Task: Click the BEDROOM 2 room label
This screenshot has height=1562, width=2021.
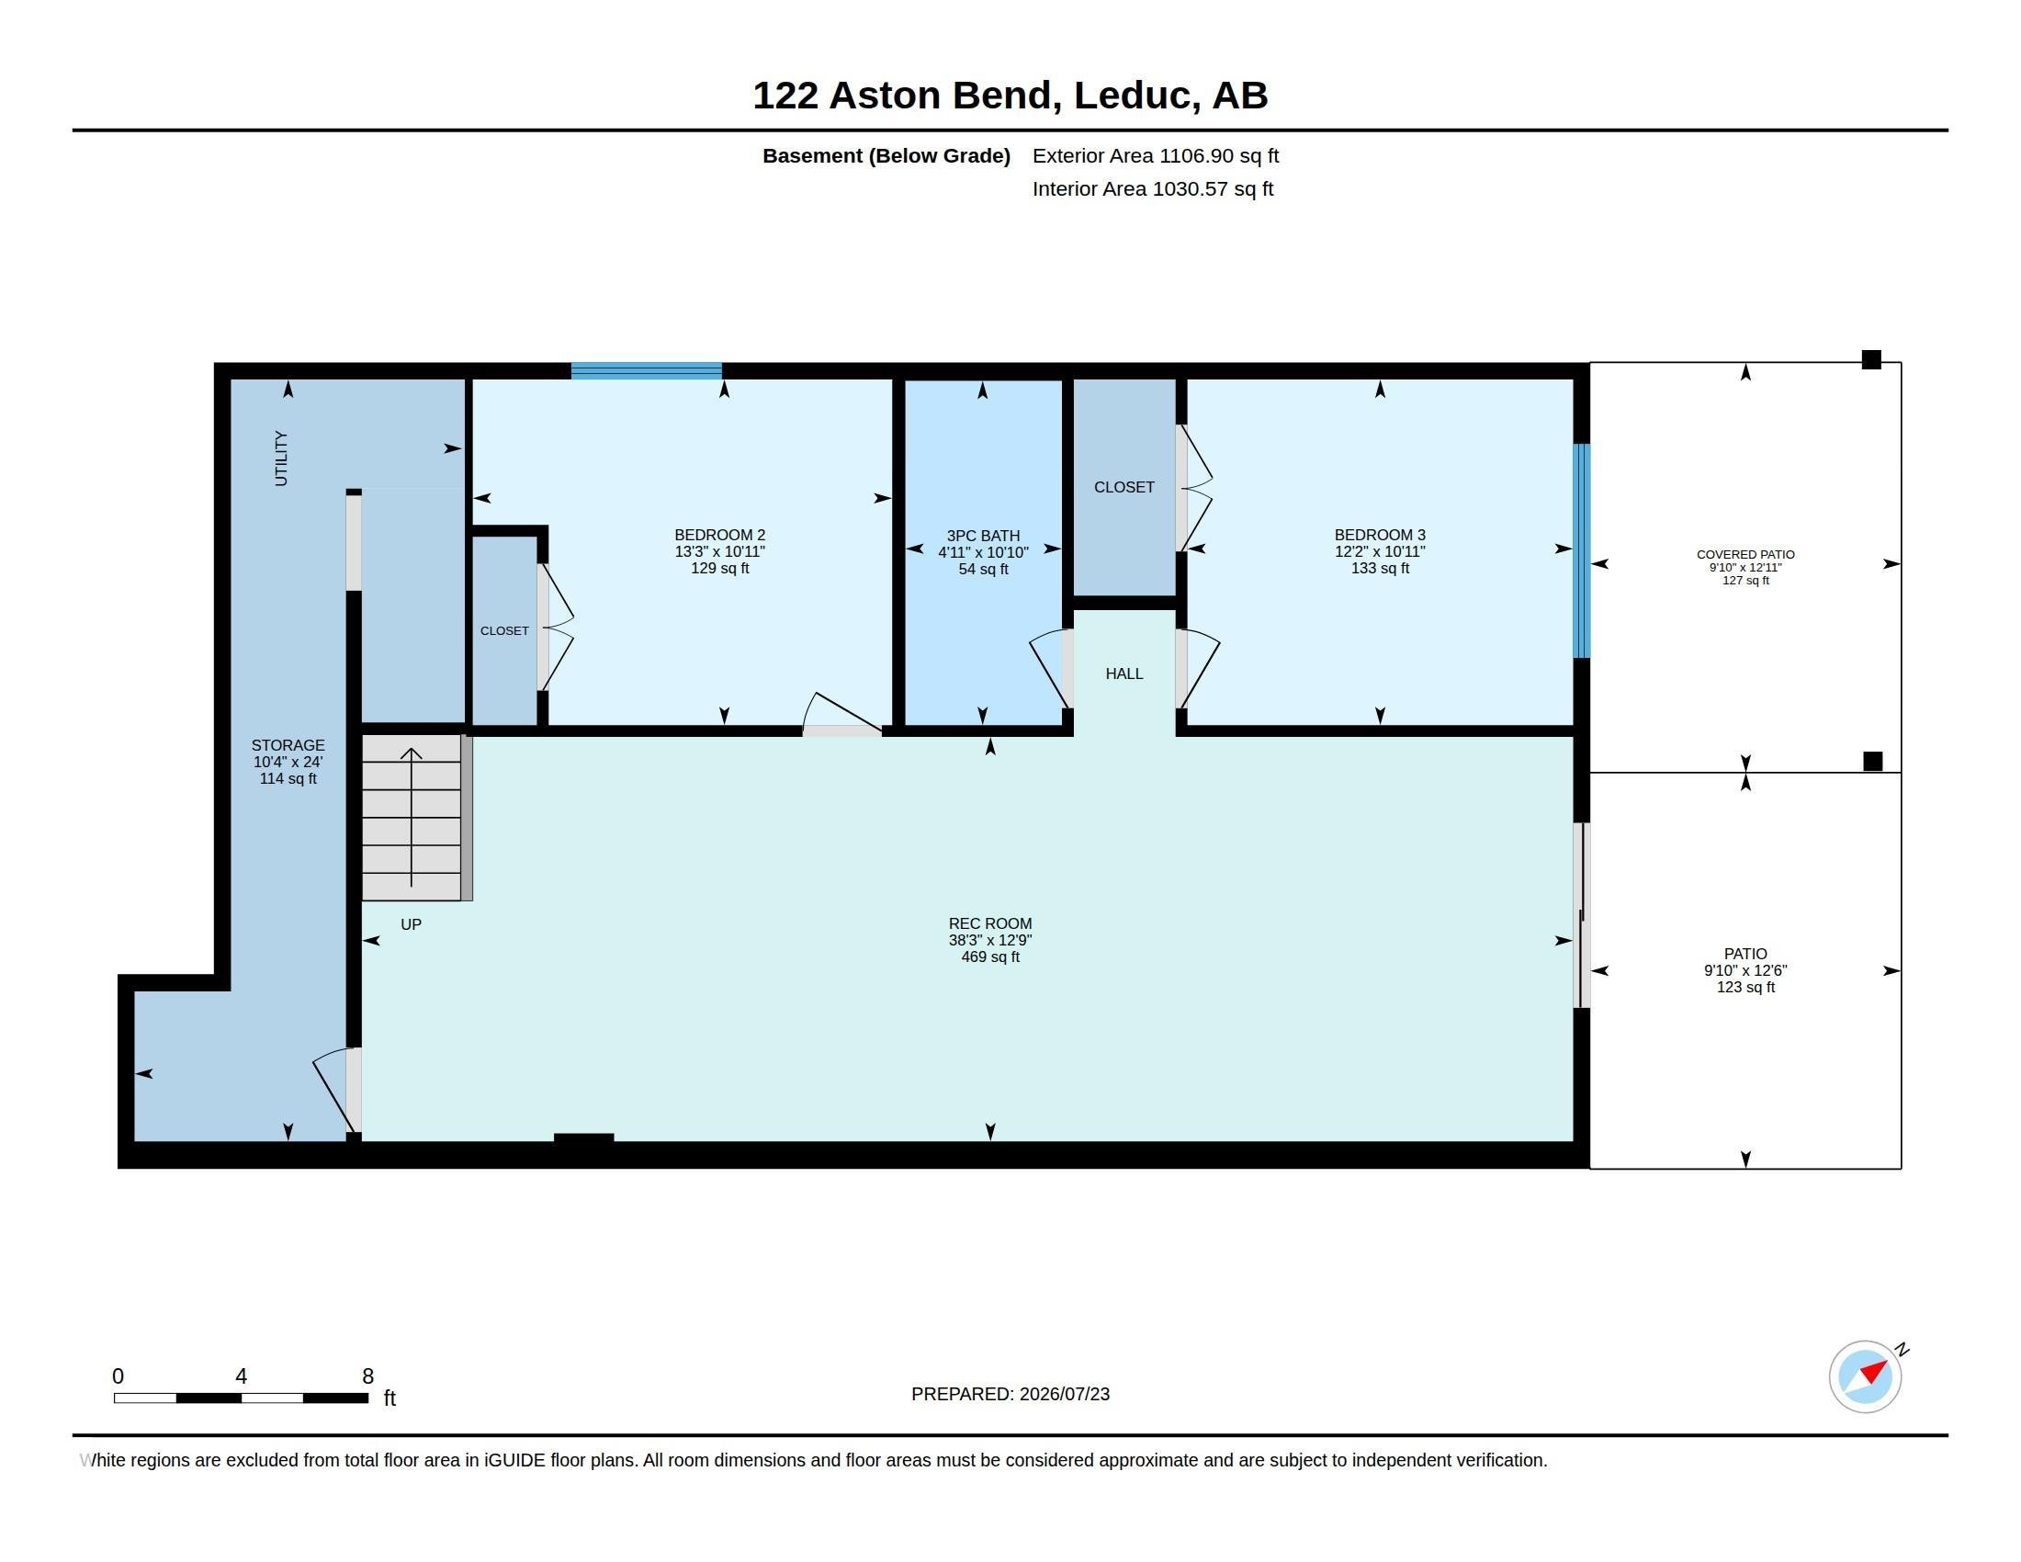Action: [x=719, y=535]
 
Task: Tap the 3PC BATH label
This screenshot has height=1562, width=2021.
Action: [x=983, y=536]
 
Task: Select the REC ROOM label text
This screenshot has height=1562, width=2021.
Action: [x=989, y=923]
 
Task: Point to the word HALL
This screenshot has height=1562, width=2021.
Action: [x=1124, y=673]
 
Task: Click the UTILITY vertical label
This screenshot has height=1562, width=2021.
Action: [x=281, y=458]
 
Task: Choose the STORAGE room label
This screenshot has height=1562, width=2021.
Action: [x=288, y=745]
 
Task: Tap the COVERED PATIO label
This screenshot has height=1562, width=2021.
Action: [x=1745, y=554]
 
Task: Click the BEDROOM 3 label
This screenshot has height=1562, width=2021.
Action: [x=1380, y=535]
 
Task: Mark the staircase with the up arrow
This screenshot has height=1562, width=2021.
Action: [x=412, y=818]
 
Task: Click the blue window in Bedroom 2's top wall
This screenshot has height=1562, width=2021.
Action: [x=646, y=371]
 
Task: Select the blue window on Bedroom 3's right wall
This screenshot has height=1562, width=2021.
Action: [x=1583, y=550]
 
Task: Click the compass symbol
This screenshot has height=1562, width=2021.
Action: [x=1866, y=1376]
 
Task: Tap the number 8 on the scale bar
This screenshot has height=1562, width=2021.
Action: [x=367, y=1376]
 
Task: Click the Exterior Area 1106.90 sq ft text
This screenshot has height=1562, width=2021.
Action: [x=1156, y=155]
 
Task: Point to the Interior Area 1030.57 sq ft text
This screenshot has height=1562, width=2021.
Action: [x=1153, y=188]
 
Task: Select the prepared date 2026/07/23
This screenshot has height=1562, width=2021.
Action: [x=1064, y=1394]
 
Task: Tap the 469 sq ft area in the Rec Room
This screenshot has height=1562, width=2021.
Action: [x=990, y=956]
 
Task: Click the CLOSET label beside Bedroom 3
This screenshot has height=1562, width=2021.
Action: [x=1124, y=487]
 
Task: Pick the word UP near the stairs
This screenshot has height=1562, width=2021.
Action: [x=411, y=924]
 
